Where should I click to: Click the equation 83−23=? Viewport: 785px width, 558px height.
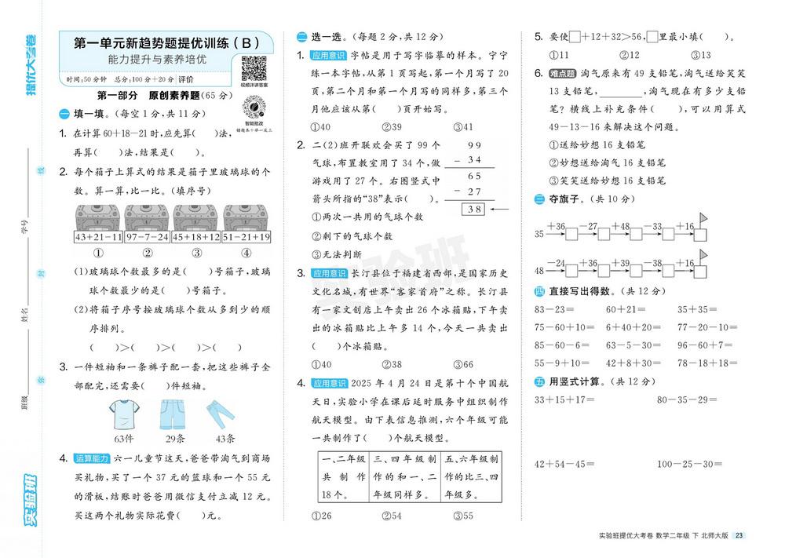(x=552, y=309)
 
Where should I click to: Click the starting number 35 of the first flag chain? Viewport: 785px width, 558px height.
(x=539, y=234)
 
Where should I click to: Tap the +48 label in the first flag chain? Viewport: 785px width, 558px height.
(x=620, y=227)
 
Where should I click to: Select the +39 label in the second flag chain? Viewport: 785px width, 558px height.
(x=620, y=263)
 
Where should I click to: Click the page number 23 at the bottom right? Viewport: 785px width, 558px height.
(x=739, y=536)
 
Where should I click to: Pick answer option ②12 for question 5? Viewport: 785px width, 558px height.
(x=630, y=55)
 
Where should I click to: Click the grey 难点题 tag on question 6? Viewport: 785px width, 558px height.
(x=566, y=73)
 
